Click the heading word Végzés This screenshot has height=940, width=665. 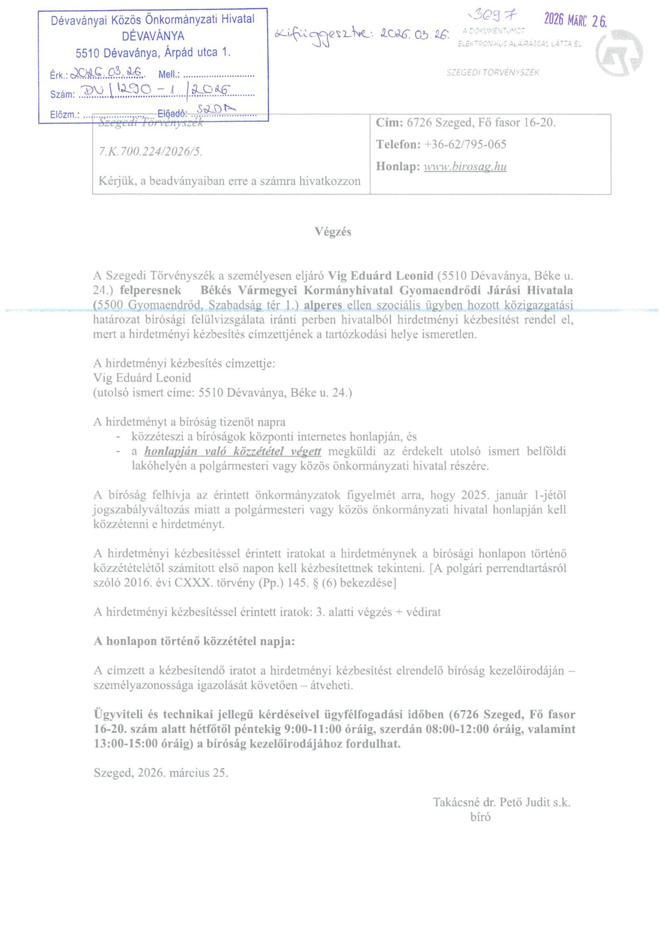click(333, 232)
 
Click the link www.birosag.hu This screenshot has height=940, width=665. click(465, 167)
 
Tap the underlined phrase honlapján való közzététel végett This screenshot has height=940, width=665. click(233, 451)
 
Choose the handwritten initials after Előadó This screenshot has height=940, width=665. click(217, 109)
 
